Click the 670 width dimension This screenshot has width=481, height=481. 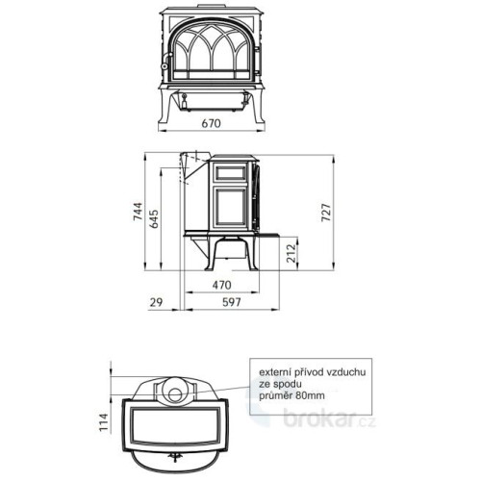point(211,123)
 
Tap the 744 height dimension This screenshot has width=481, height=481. point(138,212)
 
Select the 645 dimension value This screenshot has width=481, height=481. point(155,218)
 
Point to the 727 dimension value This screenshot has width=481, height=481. point(325,212)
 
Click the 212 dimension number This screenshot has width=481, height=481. point(291,253)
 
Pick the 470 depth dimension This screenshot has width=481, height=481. point(221,285)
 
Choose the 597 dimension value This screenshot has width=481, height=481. point(232,302)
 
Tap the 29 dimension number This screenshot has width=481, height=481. point(156,302)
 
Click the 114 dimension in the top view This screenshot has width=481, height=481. point(104,422)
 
